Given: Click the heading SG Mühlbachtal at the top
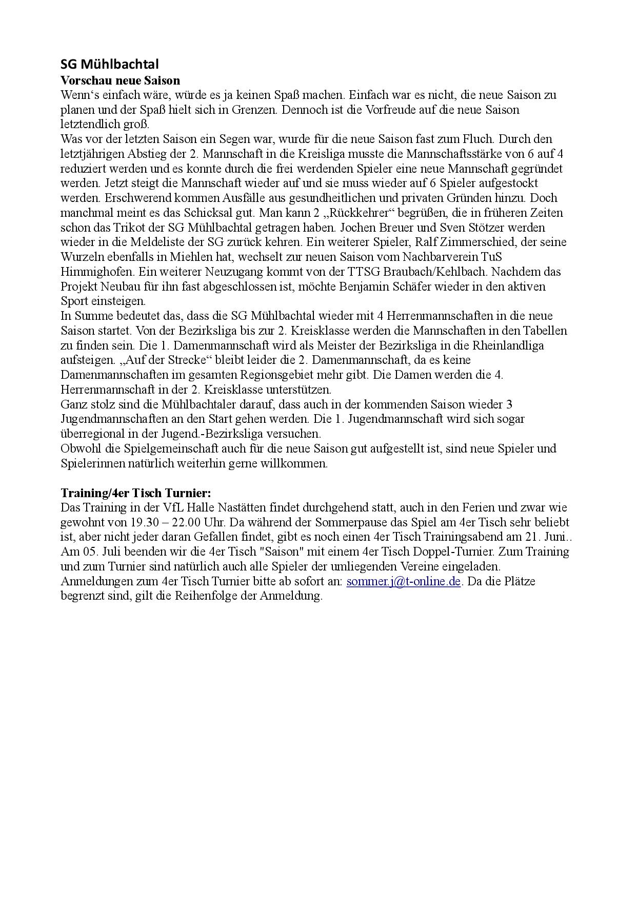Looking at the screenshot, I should click(x=109, y=65).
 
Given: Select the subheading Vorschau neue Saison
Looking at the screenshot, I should click(x=120, y=80).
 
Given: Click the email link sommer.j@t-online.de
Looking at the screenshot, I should click(x=404, y=581).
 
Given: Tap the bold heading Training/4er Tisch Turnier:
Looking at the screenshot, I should click(x=135, y=493).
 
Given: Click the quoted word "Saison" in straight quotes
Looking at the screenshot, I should click(x=288, y=552).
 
